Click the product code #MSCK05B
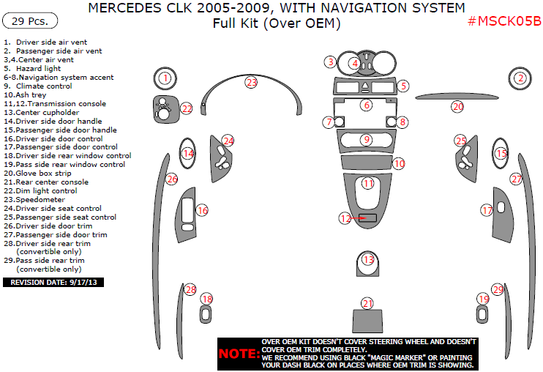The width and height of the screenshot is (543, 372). (504, 21)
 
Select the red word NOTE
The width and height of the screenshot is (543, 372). (238, 354)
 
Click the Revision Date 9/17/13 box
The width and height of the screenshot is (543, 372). (54, 282)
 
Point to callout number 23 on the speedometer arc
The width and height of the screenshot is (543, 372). (252, 83)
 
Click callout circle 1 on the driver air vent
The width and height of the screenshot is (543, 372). (166, 78)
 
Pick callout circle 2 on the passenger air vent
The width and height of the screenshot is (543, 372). (520, 78)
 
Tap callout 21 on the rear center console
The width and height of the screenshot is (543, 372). (367, 303)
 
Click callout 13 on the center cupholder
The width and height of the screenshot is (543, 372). (367, 259)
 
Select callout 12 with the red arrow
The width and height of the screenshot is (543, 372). (345, 217)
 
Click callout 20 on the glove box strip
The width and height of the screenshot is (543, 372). (457, 107)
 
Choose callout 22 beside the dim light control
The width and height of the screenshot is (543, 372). (187, 108)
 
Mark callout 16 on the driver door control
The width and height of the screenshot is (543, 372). (202, 210)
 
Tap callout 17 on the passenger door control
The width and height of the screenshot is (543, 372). (487, 210)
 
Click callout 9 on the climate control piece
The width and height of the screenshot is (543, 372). (367, 139)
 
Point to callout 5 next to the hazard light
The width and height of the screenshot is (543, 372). (403, 86)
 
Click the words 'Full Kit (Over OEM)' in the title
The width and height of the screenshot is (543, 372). (276, 24)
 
